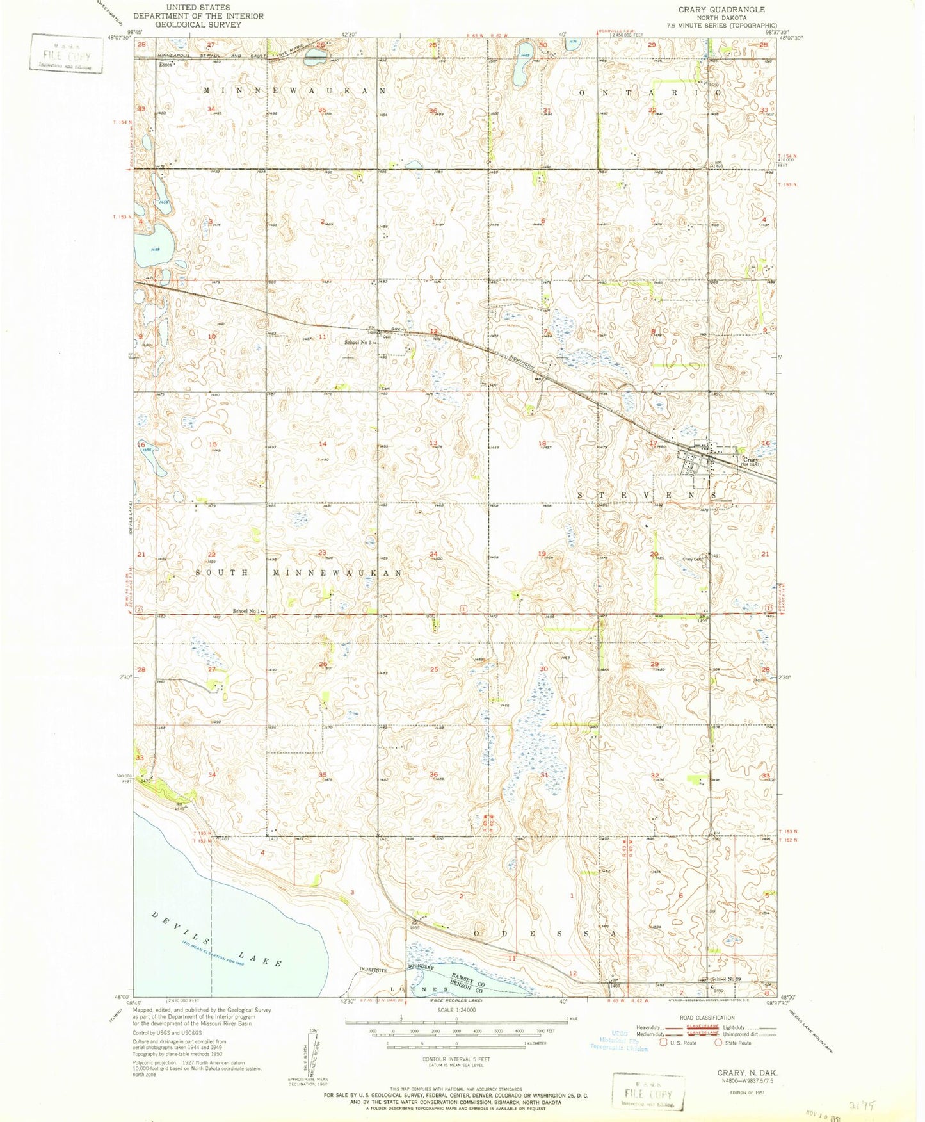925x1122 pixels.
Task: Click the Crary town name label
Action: click(x=750, y=460)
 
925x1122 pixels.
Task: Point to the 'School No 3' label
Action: click(x=357, y=343)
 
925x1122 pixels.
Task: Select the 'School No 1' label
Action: click(x=246, y=611)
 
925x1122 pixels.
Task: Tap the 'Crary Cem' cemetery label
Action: click(x=693, y=560)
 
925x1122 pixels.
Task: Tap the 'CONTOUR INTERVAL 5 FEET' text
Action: click(x=456, y=1059)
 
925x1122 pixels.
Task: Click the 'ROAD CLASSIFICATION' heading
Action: click(x=707, y=1018)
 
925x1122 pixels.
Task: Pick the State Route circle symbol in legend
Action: click(x=718, y=1043)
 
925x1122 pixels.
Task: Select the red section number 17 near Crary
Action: click(x=652, y=443)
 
